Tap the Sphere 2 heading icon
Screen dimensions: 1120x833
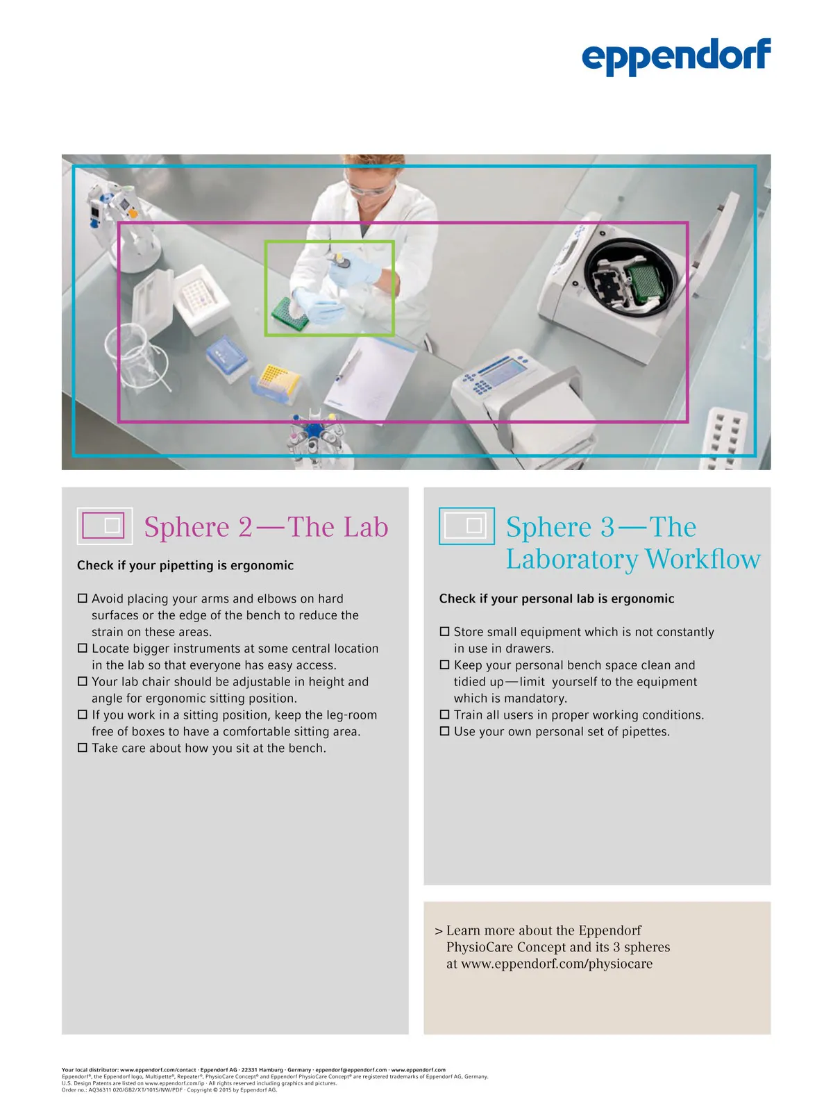click(x=104, y=526)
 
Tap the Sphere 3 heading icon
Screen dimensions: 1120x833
click(x=466, y=526)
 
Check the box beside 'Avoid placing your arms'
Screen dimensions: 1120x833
click(x=83, y=598)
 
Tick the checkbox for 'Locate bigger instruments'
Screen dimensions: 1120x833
click(x=83, y=648)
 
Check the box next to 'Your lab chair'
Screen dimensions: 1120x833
click(x=83, y=681)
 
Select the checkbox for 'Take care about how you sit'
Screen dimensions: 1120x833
click(x=83, y=748)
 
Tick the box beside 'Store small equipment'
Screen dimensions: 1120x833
click(x=445, y=631)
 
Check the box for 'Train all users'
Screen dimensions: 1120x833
click(x=445, y=714)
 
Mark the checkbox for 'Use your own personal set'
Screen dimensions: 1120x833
click(x=445, y=731)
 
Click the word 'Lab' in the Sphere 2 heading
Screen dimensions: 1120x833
click(x=365, y=527)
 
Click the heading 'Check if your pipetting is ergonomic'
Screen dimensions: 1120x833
click(x=185, y=565)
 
